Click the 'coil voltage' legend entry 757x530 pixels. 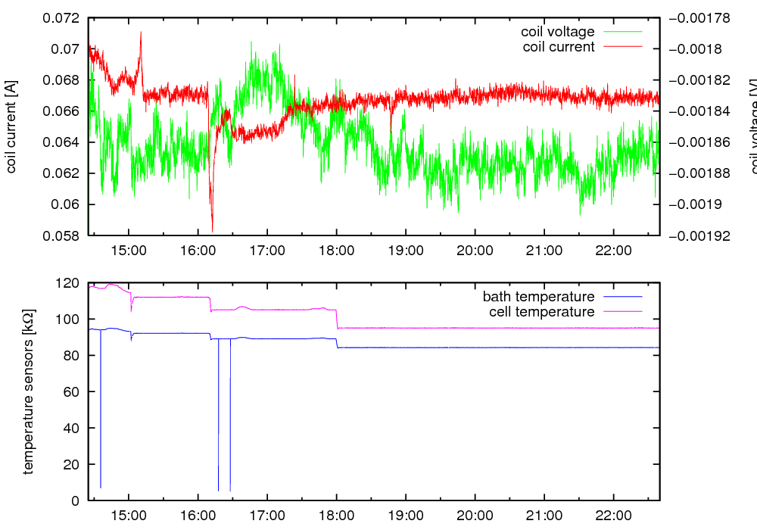coord(558,32)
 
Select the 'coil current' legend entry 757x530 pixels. coord(559,47)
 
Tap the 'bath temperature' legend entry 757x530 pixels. coord(538,296)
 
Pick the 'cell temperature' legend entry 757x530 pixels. coord(542,312)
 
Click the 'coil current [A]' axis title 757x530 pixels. coord(11,126)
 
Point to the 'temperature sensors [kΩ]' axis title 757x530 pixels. coord(29,391)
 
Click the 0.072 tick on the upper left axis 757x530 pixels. coord(63,18)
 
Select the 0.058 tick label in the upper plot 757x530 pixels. coord(63,235)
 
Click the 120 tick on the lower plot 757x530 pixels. coord(69,283)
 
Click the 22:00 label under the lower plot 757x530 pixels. coord(613,516)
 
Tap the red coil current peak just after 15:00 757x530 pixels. coord(141,33)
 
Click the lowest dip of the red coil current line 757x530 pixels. coord(213,231)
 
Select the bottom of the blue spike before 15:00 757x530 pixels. coord(101,488)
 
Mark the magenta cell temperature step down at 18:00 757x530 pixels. coord(337,318)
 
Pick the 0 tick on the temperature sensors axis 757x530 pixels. coord(75,500)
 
